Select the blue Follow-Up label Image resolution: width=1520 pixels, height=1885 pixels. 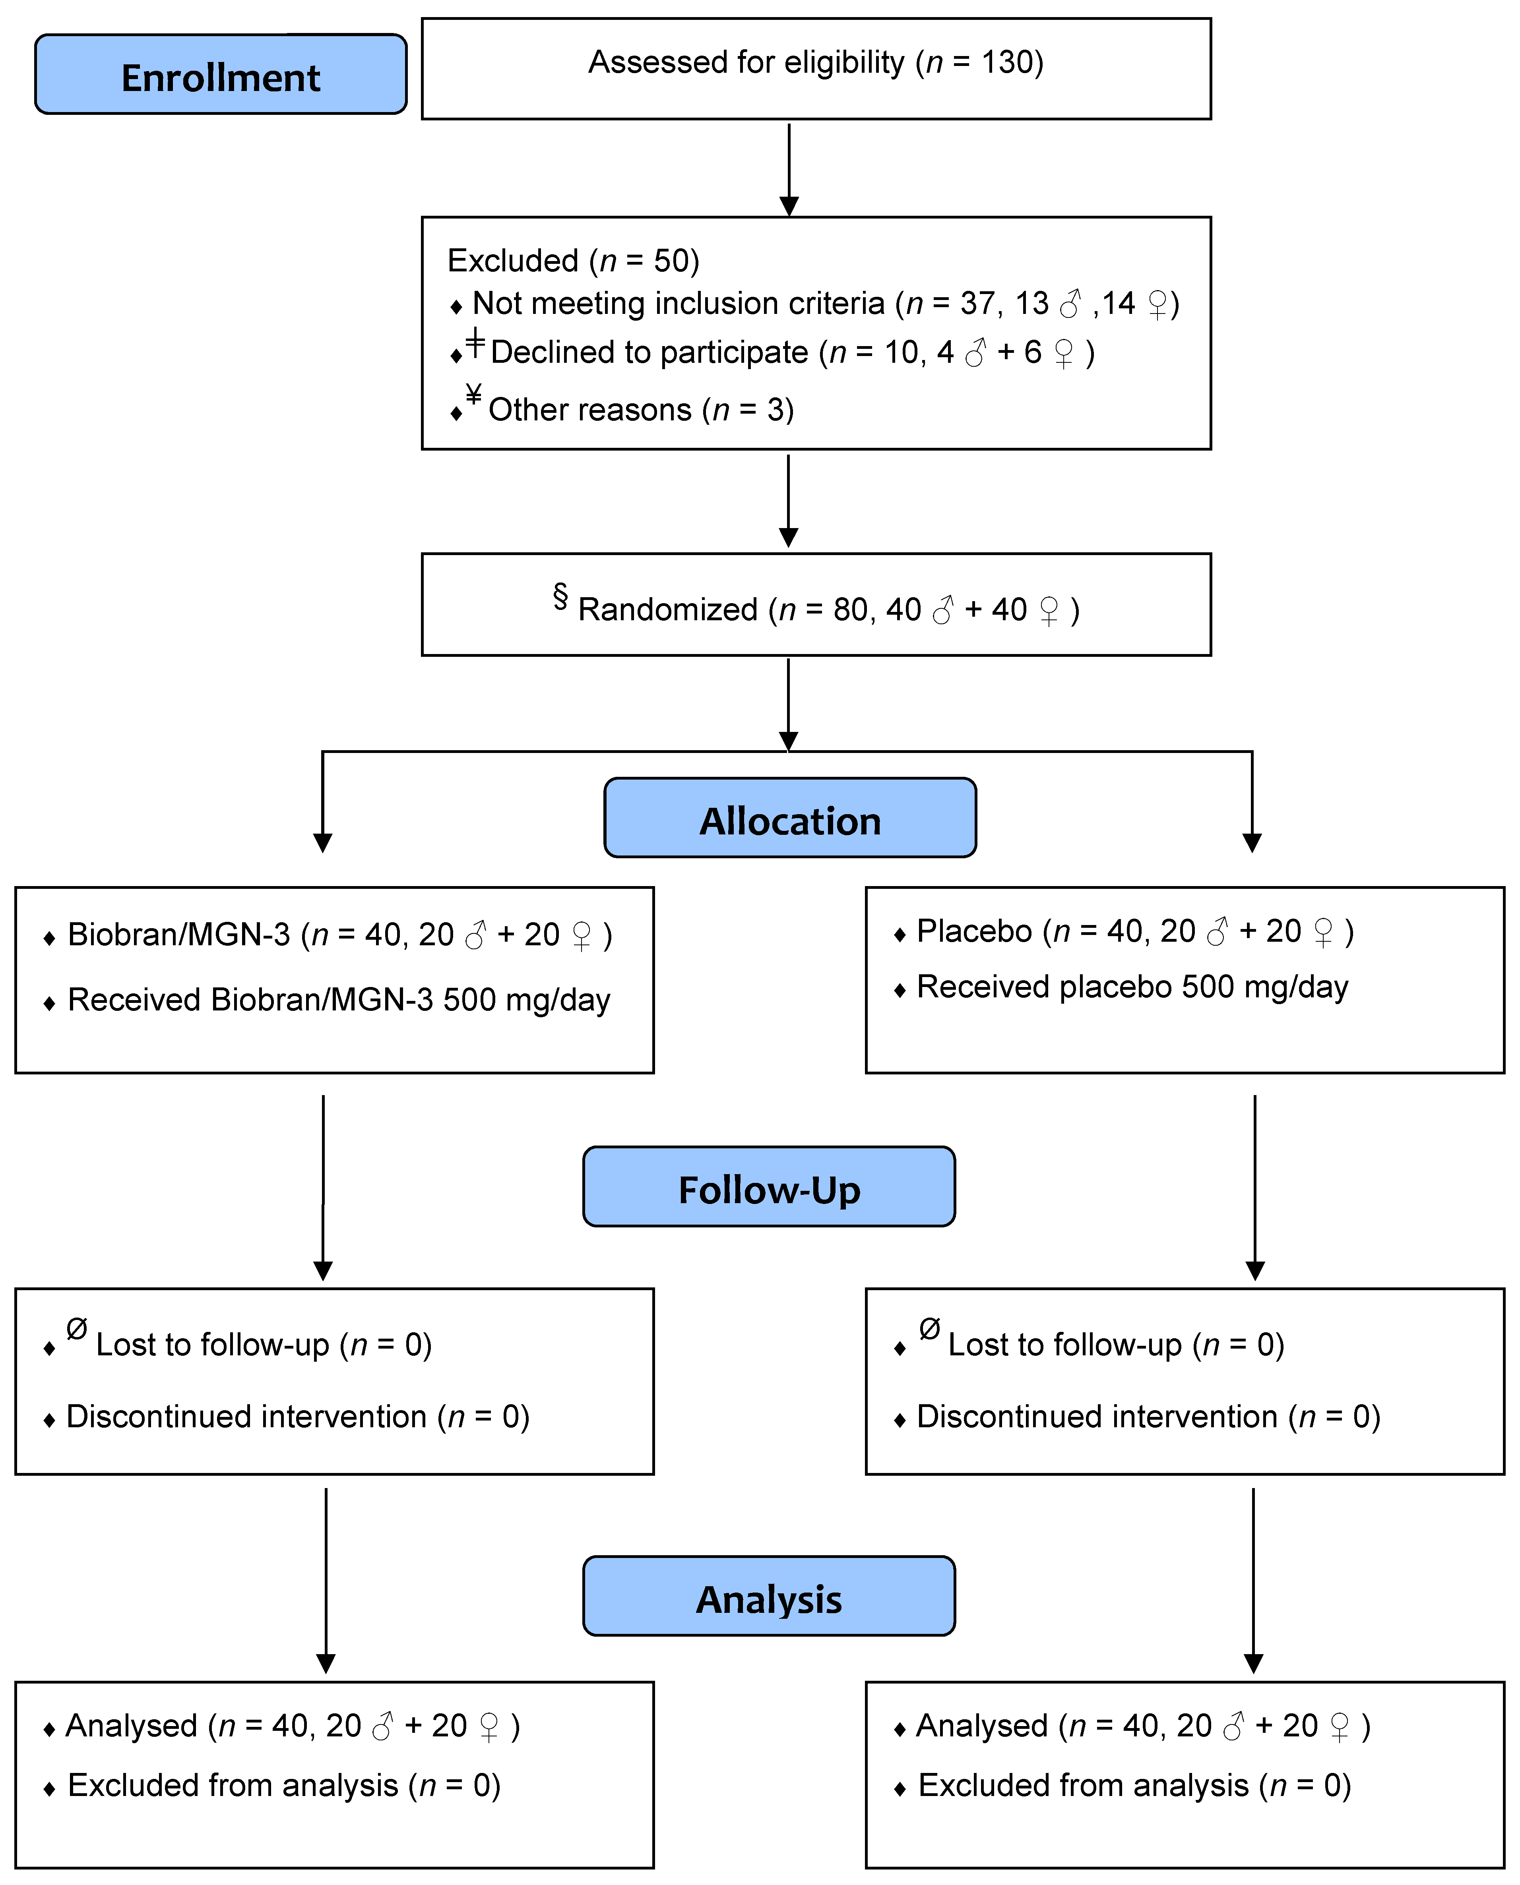[x=769, y=1188]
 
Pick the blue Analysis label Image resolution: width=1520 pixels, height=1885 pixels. [x=769, y=1599]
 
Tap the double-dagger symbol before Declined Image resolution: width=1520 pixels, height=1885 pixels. [x=475, y=342]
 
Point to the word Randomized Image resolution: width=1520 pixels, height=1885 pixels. [x=667, y=609]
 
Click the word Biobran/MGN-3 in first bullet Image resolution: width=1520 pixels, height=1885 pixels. [x=178, y=935]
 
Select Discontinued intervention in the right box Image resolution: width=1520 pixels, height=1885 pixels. [x=1096, y=1416]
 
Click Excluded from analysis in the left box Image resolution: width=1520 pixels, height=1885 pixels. [x=233, y=1785]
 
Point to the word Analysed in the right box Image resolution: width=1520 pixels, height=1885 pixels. [x=981, y=1726]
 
